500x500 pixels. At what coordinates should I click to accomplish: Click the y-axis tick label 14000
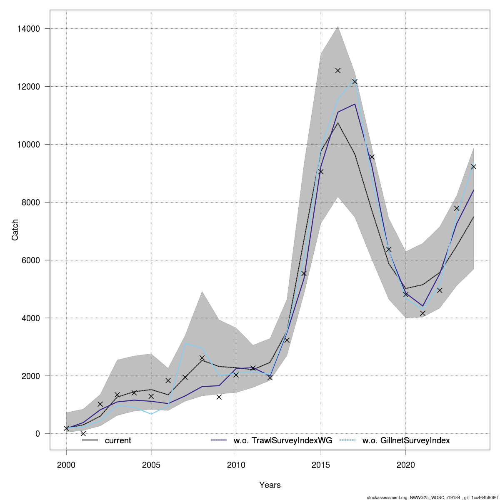coord(29,29)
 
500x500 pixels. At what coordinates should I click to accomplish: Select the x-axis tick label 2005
coord(151,465)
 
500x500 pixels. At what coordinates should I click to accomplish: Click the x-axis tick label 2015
coord(321,465)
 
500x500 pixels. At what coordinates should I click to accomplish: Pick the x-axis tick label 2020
coord(406,465)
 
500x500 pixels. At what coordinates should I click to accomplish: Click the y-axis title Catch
coord(15,230)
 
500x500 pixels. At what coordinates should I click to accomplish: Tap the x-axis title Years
coord(270,485)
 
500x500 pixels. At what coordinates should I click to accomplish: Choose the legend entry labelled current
coord(118,440)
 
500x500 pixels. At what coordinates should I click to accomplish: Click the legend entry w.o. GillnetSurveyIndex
coord(406,440)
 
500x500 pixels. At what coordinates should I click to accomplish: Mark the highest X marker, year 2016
coord(338,70)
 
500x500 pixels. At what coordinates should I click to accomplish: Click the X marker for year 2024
coord(473,167)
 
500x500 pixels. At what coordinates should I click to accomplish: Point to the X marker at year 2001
coord(83,433)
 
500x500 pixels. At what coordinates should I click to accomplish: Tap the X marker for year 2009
coord(219,397)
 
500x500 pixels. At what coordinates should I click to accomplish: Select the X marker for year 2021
coord(422,313)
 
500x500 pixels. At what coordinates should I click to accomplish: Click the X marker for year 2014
coord(304,273)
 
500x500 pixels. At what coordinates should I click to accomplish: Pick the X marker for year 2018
coord(372,157)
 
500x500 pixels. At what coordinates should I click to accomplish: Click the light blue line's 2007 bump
coord(185,344)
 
